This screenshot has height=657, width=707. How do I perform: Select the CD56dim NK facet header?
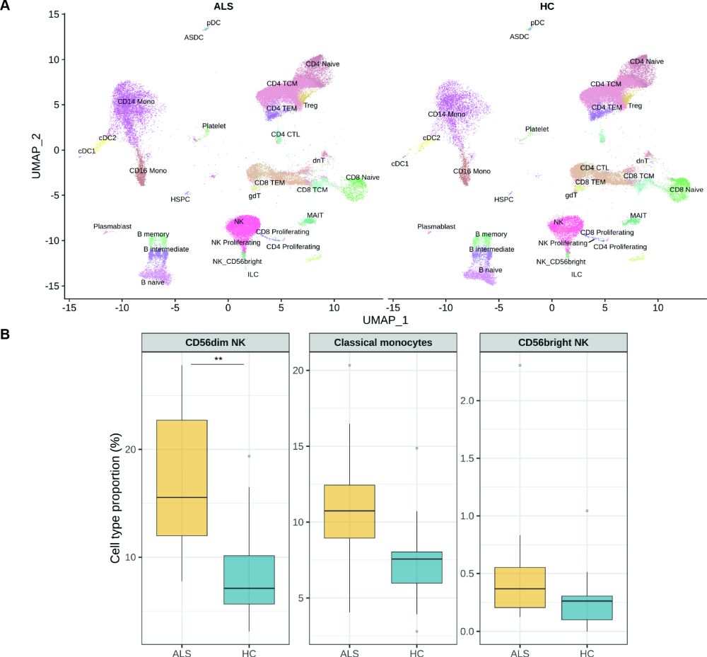(x=216, y=342)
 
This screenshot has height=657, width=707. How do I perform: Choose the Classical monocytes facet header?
(x=384, y=342)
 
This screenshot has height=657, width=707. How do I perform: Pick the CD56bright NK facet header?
(x=553, y=342)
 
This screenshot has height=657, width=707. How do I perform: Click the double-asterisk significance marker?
(x=217, y=359)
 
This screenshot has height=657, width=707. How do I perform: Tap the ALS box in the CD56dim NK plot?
(x=182, y=477)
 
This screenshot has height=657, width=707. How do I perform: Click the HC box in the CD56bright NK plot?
(x=587, y=607)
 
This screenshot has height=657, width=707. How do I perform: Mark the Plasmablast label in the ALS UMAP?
(x=112, y=226)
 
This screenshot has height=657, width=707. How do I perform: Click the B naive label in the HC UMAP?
(x=490, y=270)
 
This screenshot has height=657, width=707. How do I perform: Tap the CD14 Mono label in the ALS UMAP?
(x=136, y=102)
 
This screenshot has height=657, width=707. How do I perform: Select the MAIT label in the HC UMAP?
(x=638, y=215)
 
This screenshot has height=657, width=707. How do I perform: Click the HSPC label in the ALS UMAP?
(x=180, y=200)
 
